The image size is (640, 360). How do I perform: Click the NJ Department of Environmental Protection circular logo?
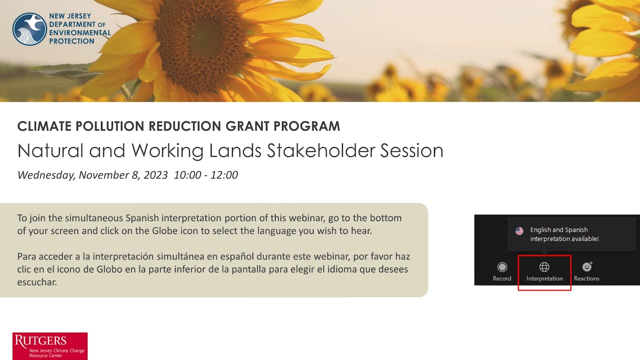29,29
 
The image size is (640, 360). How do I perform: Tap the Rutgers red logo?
50,346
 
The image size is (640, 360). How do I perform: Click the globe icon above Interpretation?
544,267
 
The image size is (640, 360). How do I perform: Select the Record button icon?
502,267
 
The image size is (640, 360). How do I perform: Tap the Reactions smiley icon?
587,266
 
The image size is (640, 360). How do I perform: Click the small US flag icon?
519,231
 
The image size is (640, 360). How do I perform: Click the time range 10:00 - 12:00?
206,175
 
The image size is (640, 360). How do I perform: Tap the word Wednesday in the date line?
46,175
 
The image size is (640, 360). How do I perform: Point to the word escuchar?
37,282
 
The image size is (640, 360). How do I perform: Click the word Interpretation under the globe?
544,278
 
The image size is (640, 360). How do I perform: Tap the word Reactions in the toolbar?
586,278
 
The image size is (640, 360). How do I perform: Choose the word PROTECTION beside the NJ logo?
71,41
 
